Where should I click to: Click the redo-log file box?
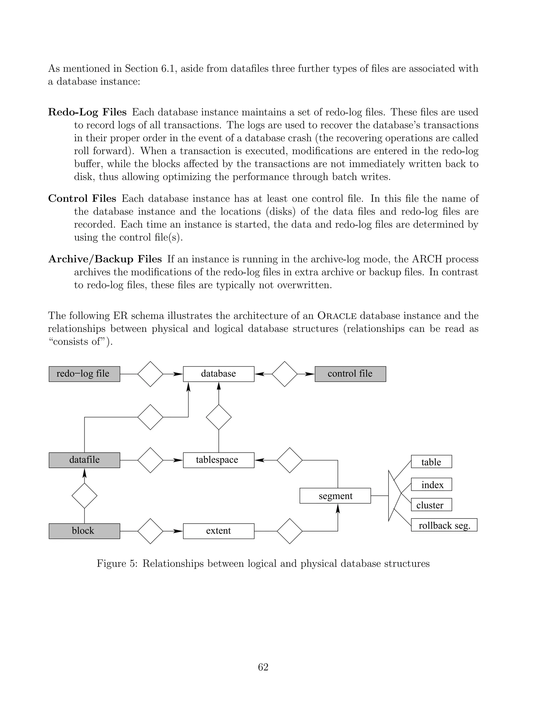coord(84,374)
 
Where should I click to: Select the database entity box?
coord(218,374)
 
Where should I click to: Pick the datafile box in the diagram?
coord(84,460)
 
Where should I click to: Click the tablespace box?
coord(218,460)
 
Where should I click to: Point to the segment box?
coord(335,496)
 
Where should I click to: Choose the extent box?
coord(218,531)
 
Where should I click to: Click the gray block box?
coord(84,531)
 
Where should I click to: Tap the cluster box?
coord(431,505)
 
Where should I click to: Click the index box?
coord(431,485)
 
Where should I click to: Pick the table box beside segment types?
coord(431,462)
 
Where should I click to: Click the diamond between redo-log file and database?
coord(150,374)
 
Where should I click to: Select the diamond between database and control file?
coord(284,374)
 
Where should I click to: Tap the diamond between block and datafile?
coord(84,496)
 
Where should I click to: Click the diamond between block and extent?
coord(150,531)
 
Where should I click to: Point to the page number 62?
coord(263,667)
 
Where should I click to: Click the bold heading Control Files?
coord(82,199)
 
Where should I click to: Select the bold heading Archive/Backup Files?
coord(105,259)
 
